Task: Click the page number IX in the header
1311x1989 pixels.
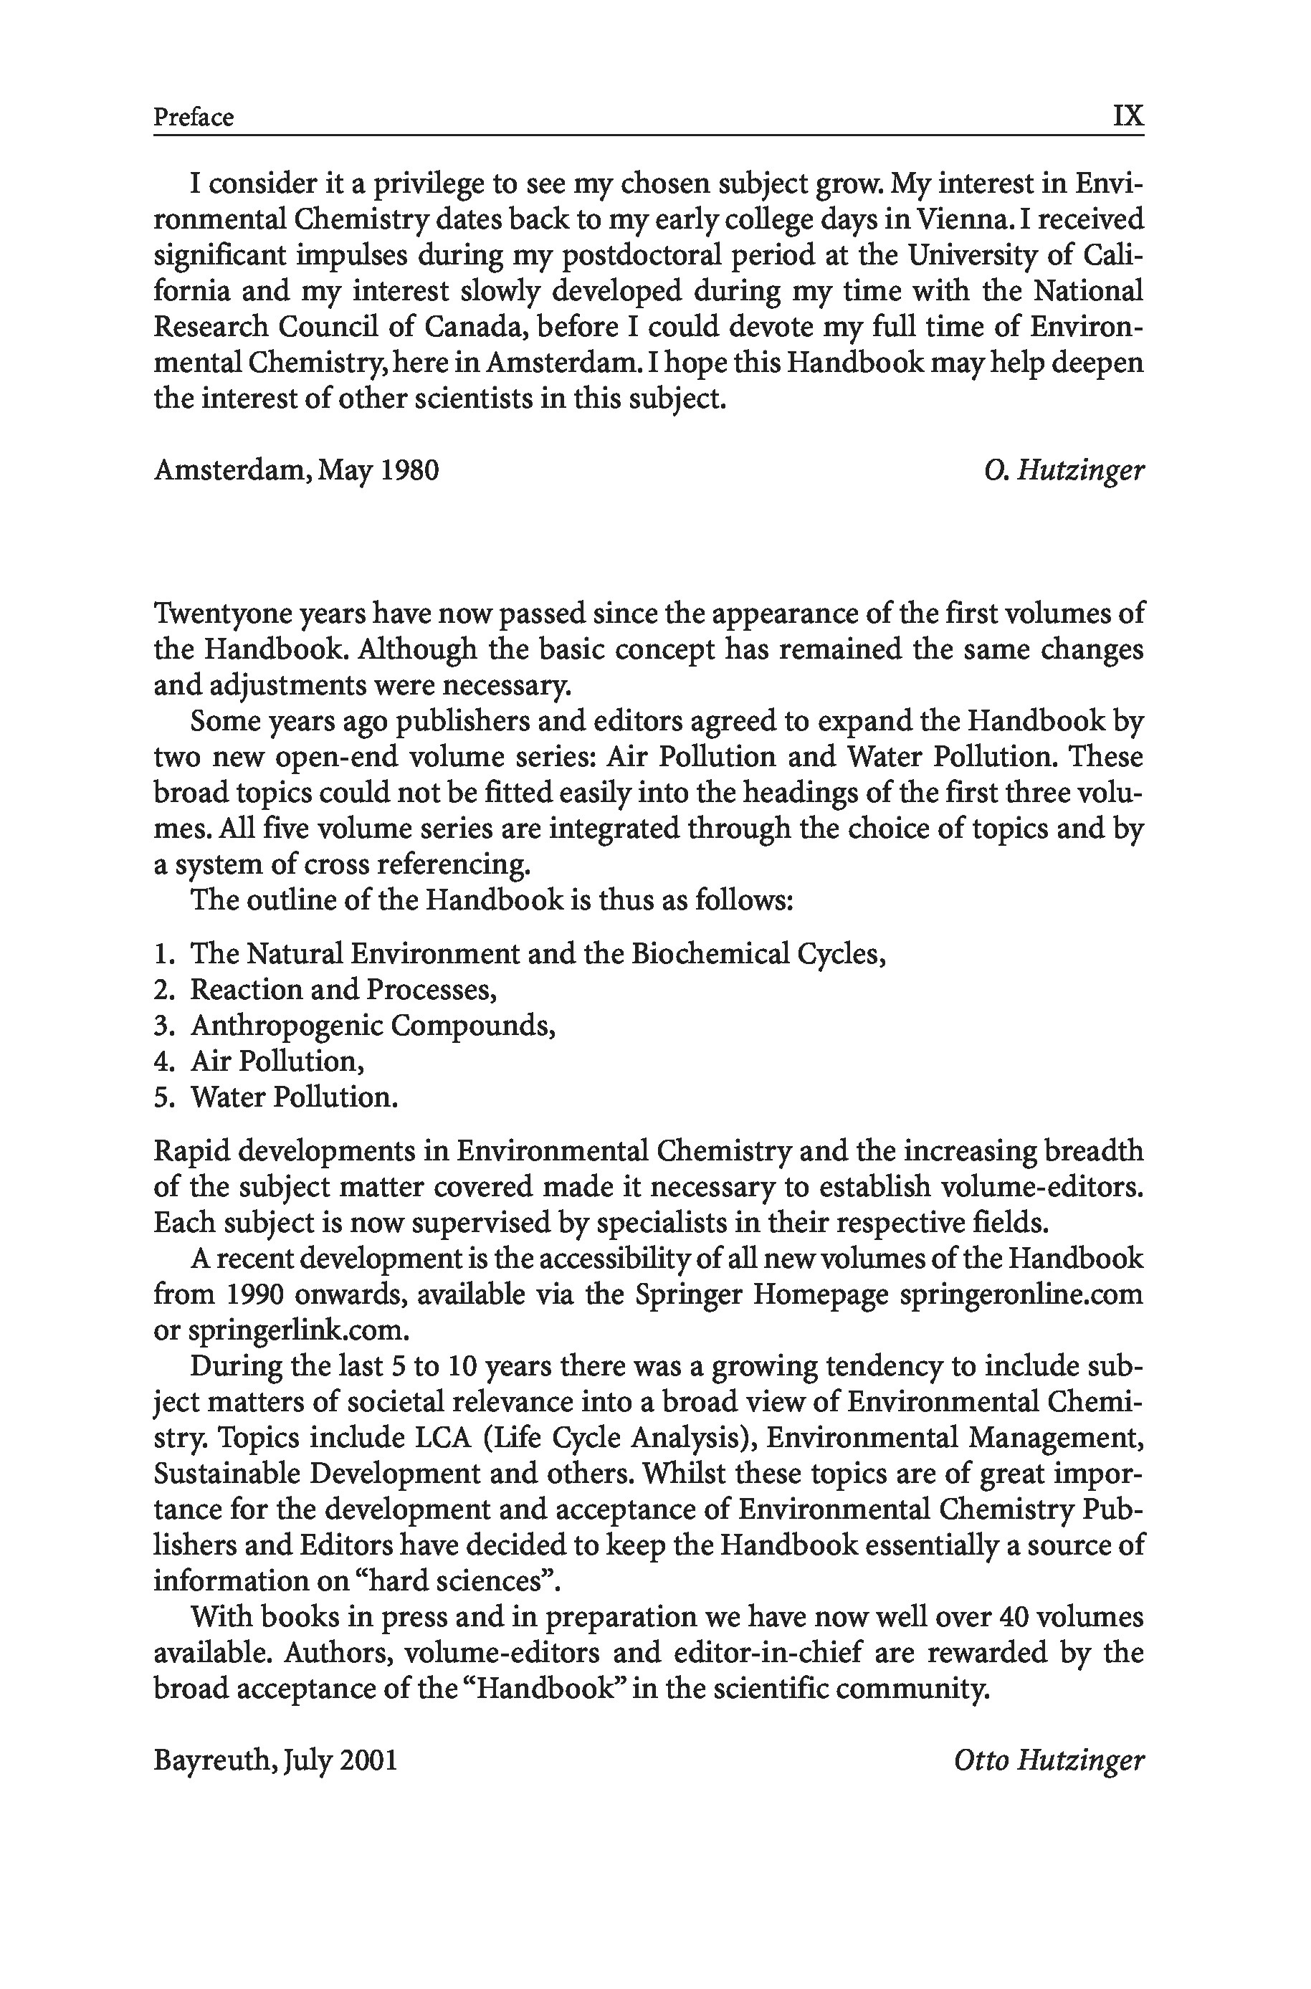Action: point(1128,115)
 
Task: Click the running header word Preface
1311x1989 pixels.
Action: point(193,117)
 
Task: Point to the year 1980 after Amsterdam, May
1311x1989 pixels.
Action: point(410,471)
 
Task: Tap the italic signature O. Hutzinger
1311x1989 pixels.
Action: point(1064,471)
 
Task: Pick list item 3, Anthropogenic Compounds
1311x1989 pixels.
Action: point(373,1025)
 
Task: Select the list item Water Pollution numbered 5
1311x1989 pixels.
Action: point(293,1097)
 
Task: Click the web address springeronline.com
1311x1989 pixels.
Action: point(1021,1294)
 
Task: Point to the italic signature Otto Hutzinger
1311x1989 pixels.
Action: point(1049,1761)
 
